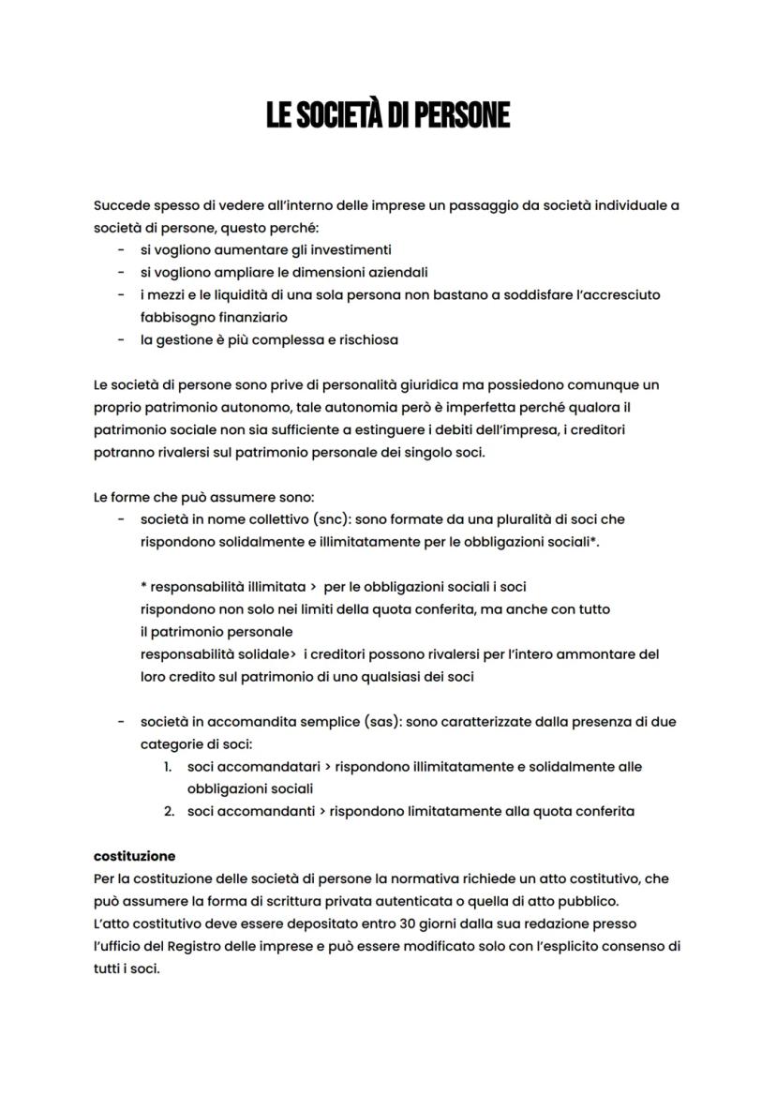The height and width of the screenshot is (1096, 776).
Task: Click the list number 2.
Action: [169, 811]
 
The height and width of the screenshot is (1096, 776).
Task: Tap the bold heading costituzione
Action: [134, 856]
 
